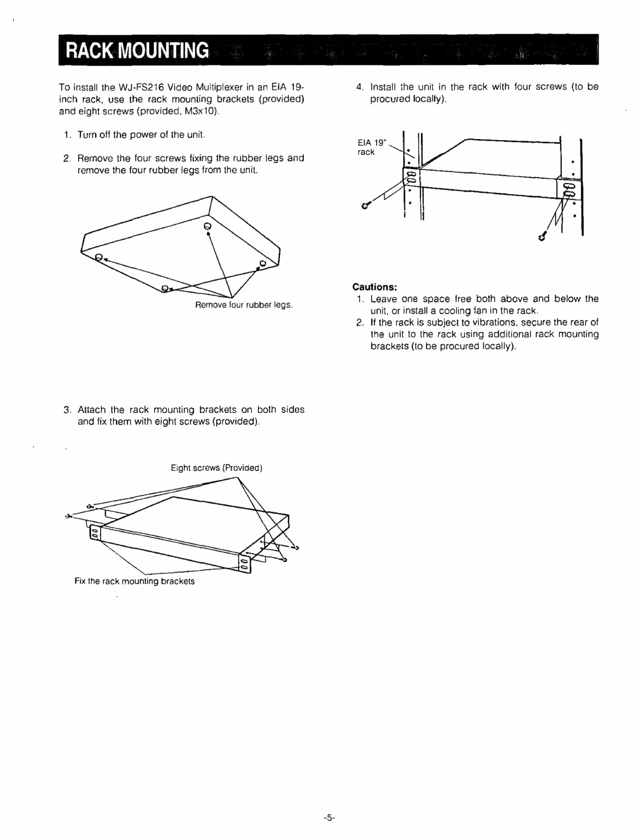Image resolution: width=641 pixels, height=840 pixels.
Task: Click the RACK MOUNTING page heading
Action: click(x=136, y=50)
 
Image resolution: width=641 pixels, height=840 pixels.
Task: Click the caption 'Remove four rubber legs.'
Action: click(x=244, y=305)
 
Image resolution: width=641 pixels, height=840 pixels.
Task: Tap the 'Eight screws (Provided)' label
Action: click(x=216, y=468)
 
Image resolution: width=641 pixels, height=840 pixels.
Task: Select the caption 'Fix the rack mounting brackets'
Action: click(x=134, y=581)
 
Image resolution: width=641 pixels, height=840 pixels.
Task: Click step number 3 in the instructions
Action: click(x=67, y=410)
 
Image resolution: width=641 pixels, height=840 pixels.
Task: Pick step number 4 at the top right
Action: click(x=360, y=87)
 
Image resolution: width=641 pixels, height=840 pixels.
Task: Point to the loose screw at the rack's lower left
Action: click(x=365, y=205)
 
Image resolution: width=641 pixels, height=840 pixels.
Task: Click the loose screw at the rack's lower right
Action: click(x=543, y=236)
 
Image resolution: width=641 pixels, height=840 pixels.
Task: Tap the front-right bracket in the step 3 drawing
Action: click(x=244, y=563)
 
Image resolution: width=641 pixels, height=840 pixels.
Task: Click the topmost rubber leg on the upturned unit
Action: click(x=208, y=226)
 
